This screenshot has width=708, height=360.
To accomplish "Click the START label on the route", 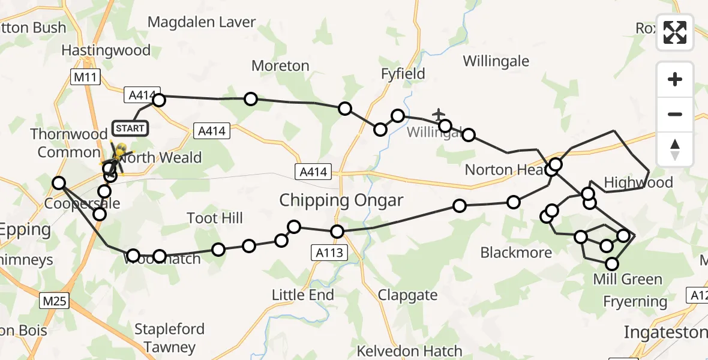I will point(129,128).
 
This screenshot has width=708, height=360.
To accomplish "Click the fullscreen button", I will point(675,32).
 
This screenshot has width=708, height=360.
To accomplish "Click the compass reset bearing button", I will point(675,149).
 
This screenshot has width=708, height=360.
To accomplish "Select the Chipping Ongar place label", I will point(341,200).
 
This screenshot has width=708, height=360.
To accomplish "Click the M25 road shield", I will point(54,301).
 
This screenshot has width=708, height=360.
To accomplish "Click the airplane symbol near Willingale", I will point(439,113).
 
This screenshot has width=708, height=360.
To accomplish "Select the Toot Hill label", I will point(215,217).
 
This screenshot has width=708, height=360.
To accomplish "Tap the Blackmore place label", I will point(516,253).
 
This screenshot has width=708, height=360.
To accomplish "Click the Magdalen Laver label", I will point(202,22).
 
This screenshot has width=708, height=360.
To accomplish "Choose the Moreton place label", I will point(280,66).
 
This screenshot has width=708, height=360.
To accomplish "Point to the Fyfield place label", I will point(403,74).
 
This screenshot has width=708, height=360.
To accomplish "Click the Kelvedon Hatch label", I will point(409,351).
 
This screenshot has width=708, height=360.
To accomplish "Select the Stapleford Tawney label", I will point(169,338).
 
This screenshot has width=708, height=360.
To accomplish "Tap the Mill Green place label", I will point(627,279).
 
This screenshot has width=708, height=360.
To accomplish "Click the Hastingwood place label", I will point(106,50).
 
